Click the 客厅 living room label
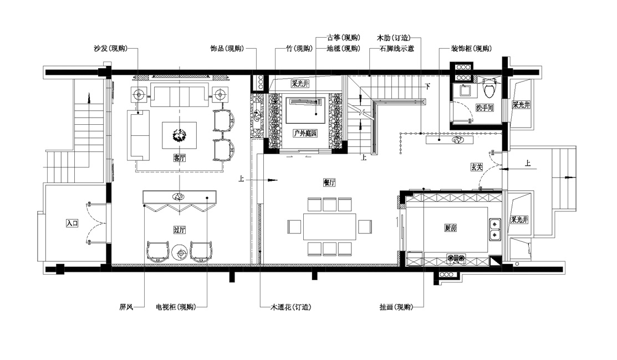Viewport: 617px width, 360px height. point(179,158)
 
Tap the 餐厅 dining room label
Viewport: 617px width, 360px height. point(329,182)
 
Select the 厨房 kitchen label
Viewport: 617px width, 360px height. point(451,227)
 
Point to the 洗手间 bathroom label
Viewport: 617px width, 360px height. point(485,108)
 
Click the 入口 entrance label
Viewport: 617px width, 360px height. point(72,223)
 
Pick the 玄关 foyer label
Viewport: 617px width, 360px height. point(477,167)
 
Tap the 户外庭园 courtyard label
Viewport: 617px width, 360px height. point(305,133)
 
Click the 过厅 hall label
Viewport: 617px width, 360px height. point(179,230)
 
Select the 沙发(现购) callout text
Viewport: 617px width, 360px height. point(111,48)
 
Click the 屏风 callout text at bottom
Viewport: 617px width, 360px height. point(126,307)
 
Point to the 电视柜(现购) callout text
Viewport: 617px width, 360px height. point(176,307)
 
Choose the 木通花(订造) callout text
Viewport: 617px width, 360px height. point(290,307)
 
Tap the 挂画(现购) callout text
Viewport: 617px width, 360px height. point(396,307)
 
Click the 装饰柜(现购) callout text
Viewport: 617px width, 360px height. point(471,48)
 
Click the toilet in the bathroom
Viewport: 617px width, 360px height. point(489,89)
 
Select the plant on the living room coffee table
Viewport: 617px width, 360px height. point(180,135)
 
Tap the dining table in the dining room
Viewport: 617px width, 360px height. point(330,226)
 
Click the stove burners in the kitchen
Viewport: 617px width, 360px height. point(456,259)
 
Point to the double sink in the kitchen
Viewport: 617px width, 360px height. point(494,229)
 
